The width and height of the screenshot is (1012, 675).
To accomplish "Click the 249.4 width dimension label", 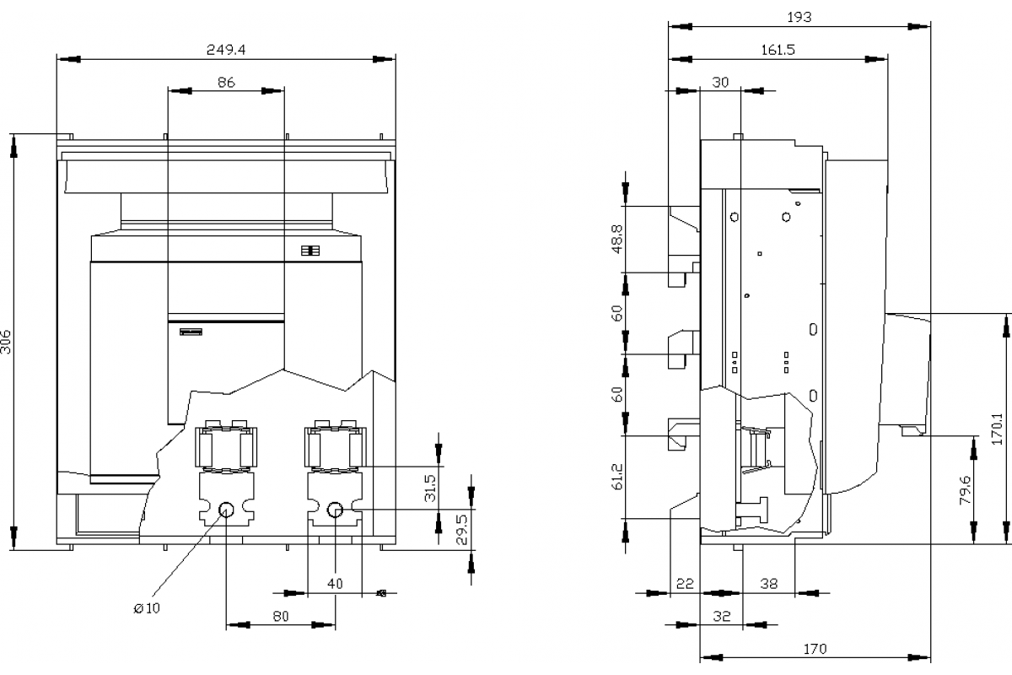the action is pyautogui.click(x=226, y=49).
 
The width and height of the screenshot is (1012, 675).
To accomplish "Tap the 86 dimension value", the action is pyautogui.click(x=226, y=82).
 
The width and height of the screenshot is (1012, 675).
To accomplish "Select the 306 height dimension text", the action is pyautogui.click(x=5, y=342).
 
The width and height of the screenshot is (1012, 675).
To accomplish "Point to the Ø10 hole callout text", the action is pyautogui.click(x=147, y=608).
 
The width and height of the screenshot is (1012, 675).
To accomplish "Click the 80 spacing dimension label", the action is pyautogui.click(x=281, y=616).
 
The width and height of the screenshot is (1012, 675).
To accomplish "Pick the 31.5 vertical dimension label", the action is pyautogui.click(x=431, y=488).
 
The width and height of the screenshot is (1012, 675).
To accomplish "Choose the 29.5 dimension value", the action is pyautogui.click(x=462, y=529).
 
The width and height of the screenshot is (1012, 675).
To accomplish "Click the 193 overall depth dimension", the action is pyautogui.click(x=799, y=17).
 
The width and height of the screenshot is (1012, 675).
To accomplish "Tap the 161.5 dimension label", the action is pyautogui.click(x=778, y=49).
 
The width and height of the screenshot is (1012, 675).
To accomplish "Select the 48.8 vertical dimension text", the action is pyautogui.click(x=617, y=239).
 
